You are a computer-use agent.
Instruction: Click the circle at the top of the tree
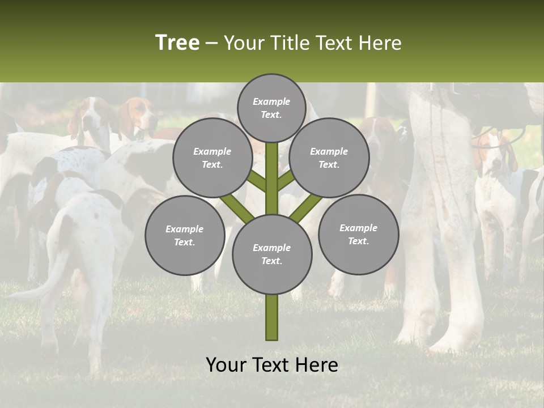(x=271, y=108)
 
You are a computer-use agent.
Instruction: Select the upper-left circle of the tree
(x=212, y=158)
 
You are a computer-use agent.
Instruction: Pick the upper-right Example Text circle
(x=329, y=158)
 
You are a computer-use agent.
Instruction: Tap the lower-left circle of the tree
(x=185, y=235)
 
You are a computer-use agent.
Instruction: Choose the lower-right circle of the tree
(x=358, y=234)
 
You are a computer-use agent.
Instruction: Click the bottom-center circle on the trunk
(x=272, y=254)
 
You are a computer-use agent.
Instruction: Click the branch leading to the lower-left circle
(x=235, y=207)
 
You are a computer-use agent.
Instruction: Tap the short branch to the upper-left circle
(x=257, y=181)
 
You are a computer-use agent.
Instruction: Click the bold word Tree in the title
(x=177, y=42)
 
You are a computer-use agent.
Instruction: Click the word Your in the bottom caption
(x=226, y=365)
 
